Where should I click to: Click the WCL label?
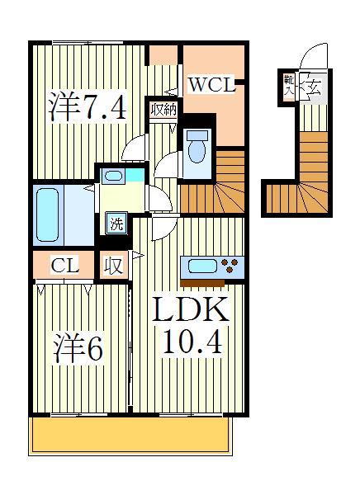[212, 85]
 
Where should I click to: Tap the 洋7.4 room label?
[88, 107]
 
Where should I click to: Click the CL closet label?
[64, 266]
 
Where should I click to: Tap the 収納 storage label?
[162, 110]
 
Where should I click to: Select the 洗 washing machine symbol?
[116, 222]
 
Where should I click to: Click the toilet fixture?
[197, 152]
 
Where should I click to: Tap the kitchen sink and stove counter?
[211, 266]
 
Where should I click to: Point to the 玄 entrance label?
[316, 85]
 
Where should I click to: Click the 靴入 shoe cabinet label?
[289, 85]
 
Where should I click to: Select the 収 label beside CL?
[113, 266]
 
